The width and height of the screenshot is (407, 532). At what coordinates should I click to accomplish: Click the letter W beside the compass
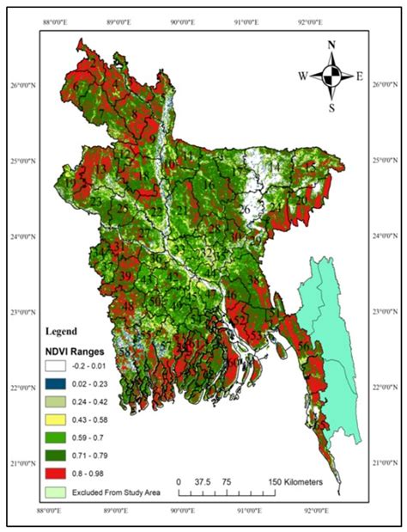tap(302, 76)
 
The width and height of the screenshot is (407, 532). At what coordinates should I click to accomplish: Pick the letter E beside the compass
tap(359, 76)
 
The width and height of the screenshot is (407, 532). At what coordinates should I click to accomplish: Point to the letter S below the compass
tap(331, 108)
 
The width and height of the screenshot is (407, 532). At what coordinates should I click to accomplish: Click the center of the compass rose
tap(331, 75)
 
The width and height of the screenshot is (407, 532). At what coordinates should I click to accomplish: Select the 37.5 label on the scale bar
tap(203, 482)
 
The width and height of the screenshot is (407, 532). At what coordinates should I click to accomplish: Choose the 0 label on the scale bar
tap(179, 482)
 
